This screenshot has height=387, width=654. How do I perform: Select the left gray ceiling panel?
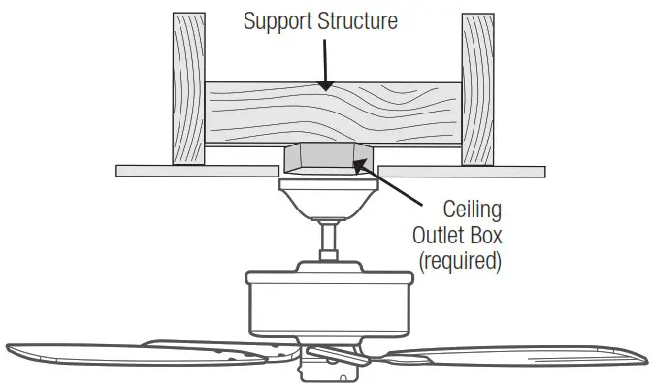point(194,171)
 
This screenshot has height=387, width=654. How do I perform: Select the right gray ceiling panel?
point(456,171)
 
